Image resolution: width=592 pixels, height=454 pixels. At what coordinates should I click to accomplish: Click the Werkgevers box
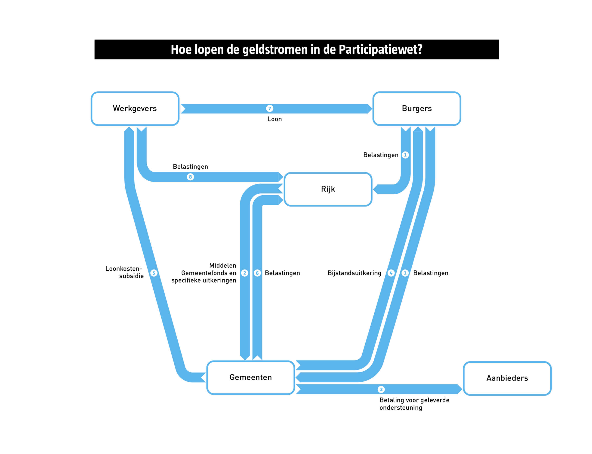pyautogui.click(x=135, y=109)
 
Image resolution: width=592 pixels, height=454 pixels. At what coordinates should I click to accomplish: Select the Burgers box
pyautogui.click(x=417, y=109)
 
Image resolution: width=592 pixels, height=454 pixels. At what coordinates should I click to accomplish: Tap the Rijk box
pyautogui.click(x=328, y=189)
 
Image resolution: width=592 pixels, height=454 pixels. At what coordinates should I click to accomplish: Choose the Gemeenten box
pyautogui.click(x=250, y=377)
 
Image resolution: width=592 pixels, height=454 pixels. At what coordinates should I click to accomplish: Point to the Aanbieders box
pyautogui.click(x=507, y=378)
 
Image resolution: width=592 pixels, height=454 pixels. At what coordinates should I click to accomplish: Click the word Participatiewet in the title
pyautogui.click(x=380, y=49)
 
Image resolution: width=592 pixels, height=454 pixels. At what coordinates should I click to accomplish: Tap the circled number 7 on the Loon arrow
pyautogui.click(x=270, y=108)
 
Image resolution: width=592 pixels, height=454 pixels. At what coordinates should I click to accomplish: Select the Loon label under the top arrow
pyautogui.click(x=274, y=119)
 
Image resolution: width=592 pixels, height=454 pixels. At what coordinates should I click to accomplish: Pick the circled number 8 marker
pyautogui.click(x=190, y=177)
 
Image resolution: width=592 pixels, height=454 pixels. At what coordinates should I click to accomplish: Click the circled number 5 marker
pyautogui.click(x=154, y=273)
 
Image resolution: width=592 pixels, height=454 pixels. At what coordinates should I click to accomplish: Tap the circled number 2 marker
pyautogui.click(x=244, y=273)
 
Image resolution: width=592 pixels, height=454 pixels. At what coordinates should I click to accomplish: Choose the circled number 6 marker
pyautogui.click(x=257, y=273)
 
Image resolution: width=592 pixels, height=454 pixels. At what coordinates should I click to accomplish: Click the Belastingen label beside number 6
pyautogui.click(x=282, y=273)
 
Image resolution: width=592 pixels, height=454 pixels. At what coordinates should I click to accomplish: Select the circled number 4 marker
pyautogui.click(x=391, y=273)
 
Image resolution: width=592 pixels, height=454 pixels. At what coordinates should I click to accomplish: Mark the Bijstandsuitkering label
pyautogui.click(x=354, y=273)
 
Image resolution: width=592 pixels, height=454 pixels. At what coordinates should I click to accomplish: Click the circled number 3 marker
pyautogui.click(x=381, y=389)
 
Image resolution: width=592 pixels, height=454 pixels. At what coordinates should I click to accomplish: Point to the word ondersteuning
pyautogui.click(x=401, y=408)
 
